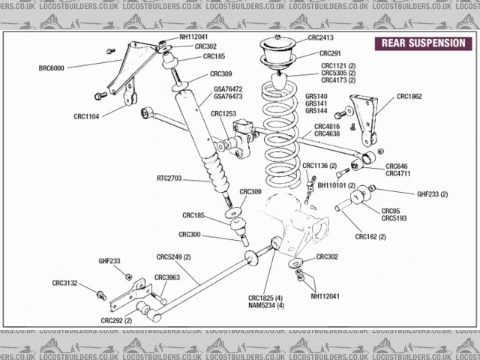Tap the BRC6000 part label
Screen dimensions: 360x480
pos(52,68)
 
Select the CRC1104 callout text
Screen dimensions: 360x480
pos(88,116)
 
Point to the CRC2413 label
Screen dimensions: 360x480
pos(320,37)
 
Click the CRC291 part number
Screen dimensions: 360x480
pos(330,53)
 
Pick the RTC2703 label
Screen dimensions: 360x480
pos(171,178)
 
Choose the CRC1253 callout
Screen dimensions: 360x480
pos(223,114)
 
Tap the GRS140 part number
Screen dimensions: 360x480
pos(316,96)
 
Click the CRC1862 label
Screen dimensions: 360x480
pos(409,96)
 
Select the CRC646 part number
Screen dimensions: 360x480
pos(396,166)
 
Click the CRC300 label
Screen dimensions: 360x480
pos(191,235)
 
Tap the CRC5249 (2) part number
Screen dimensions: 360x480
pos(174,257)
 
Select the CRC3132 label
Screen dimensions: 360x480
pos(64,283)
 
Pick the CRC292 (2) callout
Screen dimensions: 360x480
pos(116,320)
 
